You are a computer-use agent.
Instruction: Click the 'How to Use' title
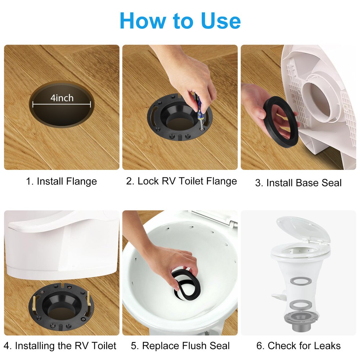pos(180,21)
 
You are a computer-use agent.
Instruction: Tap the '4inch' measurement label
pos(62,98)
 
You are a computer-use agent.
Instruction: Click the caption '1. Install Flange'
pos(62,181)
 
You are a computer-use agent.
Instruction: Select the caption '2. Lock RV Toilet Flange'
pos(181,181)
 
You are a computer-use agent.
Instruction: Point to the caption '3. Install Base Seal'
pos(298,183)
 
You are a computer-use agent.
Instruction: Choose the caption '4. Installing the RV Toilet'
pos(60,346)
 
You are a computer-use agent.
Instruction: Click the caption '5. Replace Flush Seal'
pos(180,346)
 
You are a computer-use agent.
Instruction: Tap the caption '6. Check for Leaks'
pos(298,346)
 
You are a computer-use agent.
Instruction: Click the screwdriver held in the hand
pos(198,108)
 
